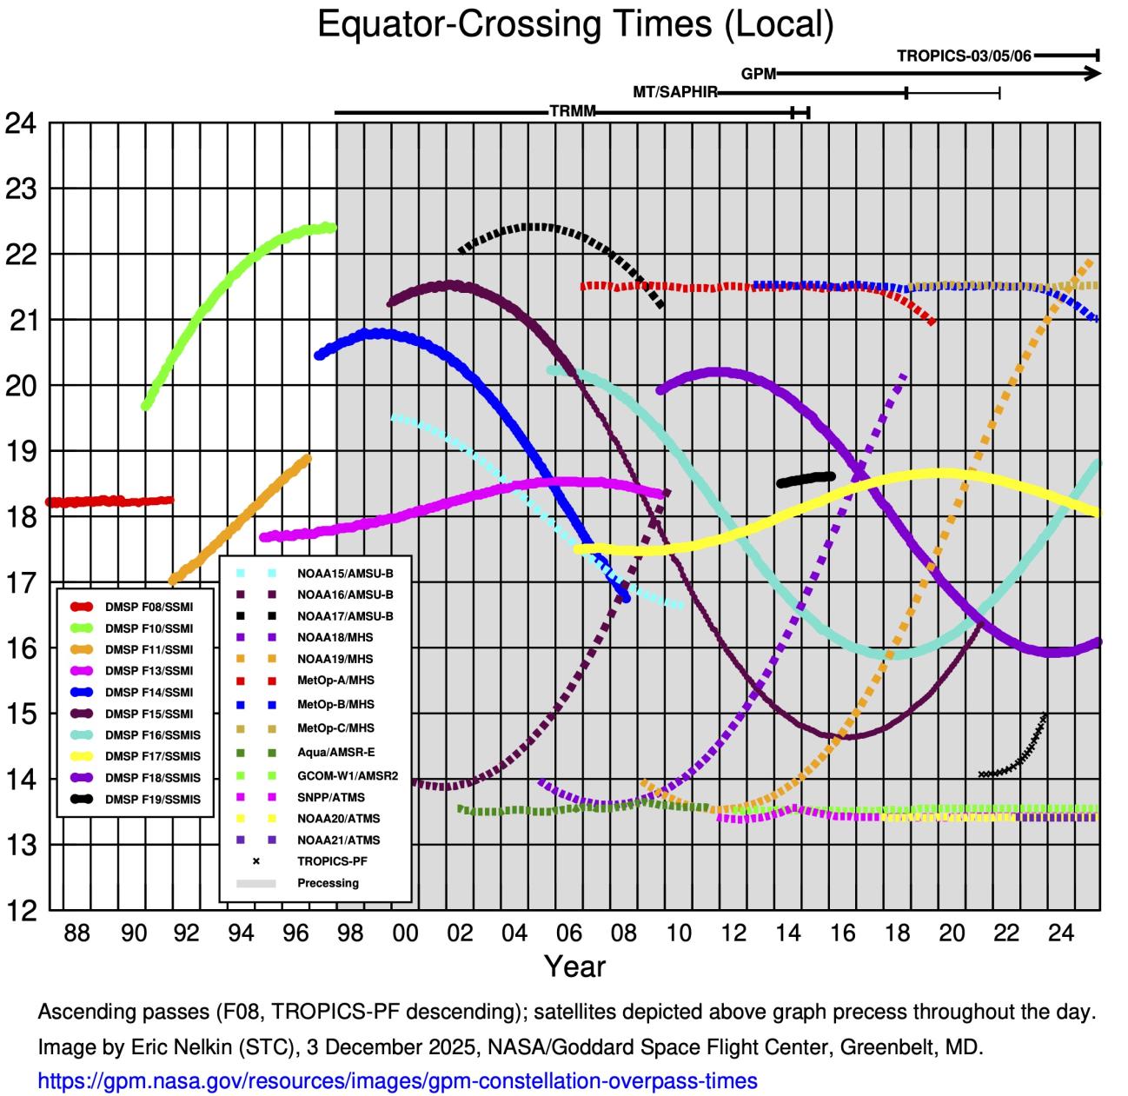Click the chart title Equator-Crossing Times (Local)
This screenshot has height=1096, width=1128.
(x=575, y=24)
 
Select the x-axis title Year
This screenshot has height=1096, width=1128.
(x=574, y=966)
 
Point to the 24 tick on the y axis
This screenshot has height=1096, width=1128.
(x=21, y=123)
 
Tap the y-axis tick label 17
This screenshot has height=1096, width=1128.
(x=21, y=582)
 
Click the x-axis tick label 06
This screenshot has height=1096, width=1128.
(x=569, y=933)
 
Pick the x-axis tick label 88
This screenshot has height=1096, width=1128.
(x=77, y=933)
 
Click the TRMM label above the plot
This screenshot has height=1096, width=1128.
(x=572, y=112)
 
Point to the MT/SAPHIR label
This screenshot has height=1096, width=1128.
(x=674, y=92)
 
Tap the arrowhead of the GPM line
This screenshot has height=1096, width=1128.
(x=1094, y=74)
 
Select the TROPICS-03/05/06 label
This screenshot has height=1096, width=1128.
(x=964, y=56)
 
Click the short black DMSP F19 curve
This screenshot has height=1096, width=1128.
(x=806, y=479)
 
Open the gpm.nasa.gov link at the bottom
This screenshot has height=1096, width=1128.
(x=397, y=1081)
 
